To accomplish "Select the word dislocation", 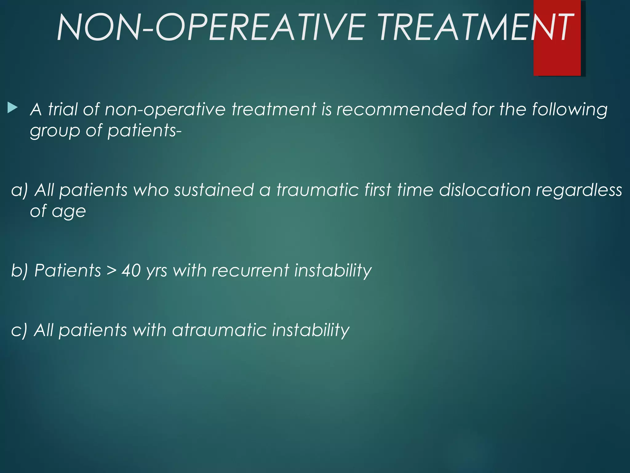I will coord(485,190).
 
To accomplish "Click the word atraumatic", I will coord(219,330).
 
